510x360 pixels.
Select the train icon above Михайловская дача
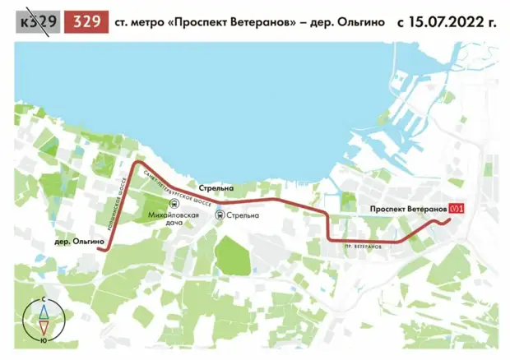[174, 203]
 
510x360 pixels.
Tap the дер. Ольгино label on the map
[77, 242]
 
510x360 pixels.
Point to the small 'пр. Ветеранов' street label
[362, 247]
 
